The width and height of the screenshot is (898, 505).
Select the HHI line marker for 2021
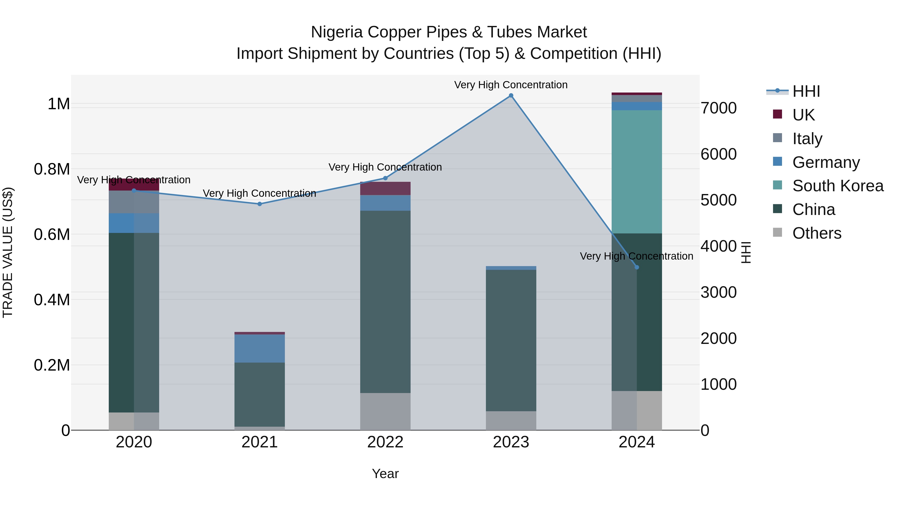[x=259, y=204]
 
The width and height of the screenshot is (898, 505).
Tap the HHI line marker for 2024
[x=637, y=267]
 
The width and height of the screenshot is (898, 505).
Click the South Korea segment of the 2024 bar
[x=637, y=172]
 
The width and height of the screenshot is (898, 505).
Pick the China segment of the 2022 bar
[x=385, y=302]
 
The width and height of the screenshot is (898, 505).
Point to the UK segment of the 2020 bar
[x=134, y=185]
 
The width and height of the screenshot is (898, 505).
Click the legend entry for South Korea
[x=837, y=186]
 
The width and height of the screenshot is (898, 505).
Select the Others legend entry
[x=816, y=233]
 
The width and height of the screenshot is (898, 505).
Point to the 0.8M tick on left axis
[x=52, y=169]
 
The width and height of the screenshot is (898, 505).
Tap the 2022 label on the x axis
[x=385, y=442]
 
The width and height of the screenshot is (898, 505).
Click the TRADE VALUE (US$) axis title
[x=8, y=252]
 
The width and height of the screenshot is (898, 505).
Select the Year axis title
[x=385, y=474]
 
